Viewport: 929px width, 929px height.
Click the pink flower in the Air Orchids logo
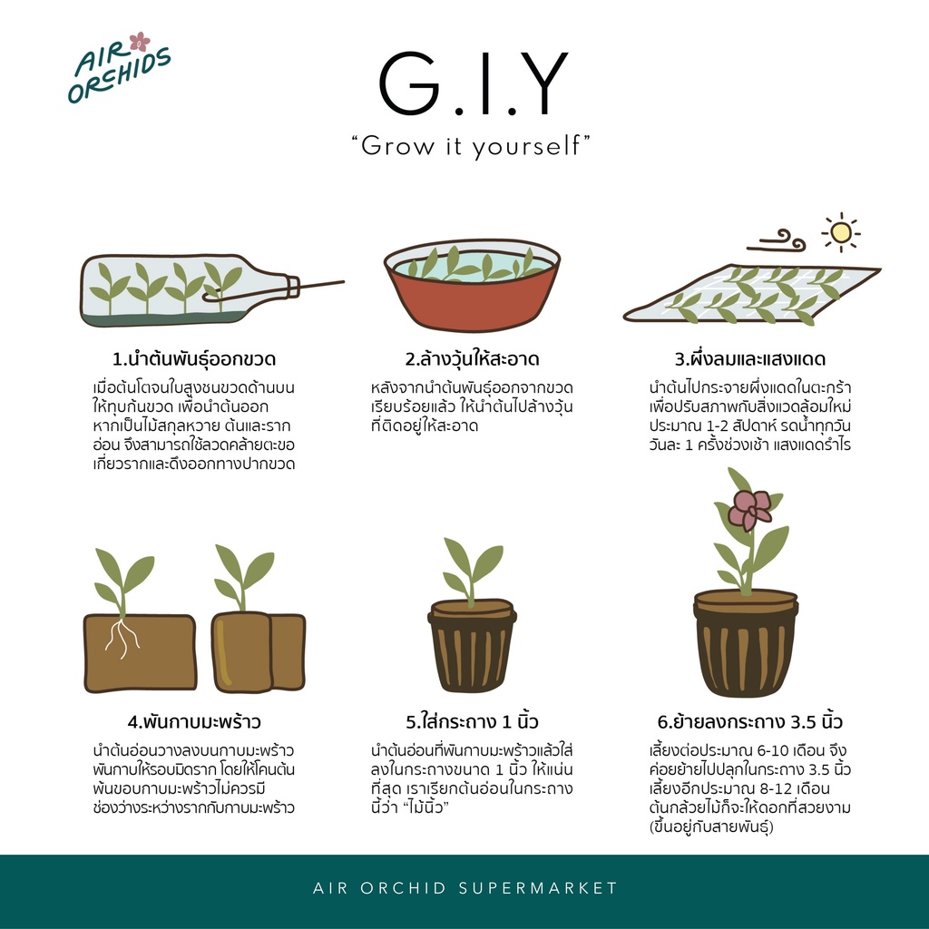coord(140,42)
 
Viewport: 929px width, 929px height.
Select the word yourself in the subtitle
coord(526,146)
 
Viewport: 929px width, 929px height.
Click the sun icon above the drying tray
coord(841,231)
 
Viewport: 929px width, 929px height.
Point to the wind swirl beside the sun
coord(777,240)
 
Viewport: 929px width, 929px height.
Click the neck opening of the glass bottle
coord(293,287)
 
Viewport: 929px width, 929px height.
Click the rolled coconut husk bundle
coord(259,651)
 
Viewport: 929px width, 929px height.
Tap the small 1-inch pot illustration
coord(472,646)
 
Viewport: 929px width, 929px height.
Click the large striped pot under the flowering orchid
coord(746,643)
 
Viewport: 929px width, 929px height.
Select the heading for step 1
coord(194,359)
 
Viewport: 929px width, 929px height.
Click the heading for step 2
coord(472,359)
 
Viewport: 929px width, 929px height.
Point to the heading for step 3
coord(750,359)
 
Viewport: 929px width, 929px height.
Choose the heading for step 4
coord(194,721)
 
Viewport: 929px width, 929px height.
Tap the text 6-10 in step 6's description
coord(763,750)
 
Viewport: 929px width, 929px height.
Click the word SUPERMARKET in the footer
coord(539,888)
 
